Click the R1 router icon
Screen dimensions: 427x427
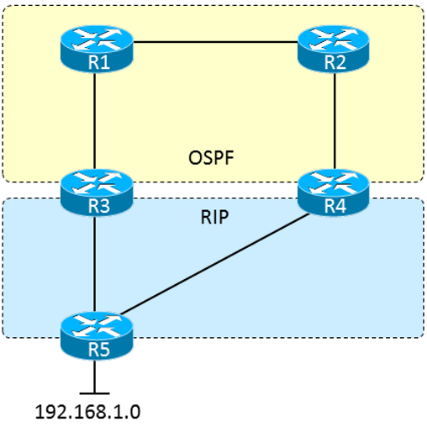tap(97, 49)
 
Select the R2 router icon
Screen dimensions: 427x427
tap(334, 49)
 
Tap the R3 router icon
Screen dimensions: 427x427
tap(97, 192)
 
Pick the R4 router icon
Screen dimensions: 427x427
tap(334, 192)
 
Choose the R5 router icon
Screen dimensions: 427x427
tap(97, 336)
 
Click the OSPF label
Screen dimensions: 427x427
tap(211, 158)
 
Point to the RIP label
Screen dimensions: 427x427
tap(214, 217)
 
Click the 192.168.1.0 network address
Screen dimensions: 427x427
tap(87, 412)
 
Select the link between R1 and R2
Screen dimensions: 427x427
tap(215, 42)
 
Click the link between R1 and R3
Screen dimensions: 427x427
tap(95, 120)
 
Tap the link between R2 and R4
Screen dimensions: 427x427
tap(335, 120)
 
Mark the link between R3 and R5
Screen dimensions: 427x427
tap(95, 264)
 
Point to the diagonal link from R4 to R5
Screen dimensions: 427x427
tap(214, 264)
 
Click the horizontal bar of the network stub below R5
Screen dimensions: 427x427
tap(95, 393)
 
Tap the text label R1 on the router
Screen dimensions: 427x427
tap(99, 62)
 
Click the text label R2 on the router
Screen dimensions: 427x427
tap(335, 62)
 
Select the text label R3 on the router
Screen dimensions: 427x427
tap(99, 206)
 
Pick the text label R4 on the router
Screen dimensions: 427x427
tap(335, 206)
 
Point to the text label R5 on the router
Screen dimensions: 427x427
tap(99, 350)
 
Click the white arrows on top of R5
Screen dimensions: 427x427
tap(98, 325)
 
